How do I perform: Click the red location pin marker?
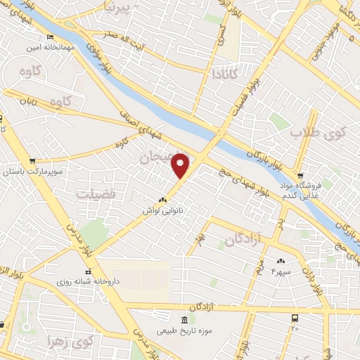pyautogui.click(x=181, y=165)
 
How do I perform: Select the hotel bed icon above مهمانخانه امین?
pyautogui.click(x=49, y=37)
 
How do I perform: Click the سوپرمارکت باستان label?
pyautogui.click(x=33, y=171)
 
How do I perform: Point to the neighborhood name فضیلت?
pyautogui.click(x=92, y=193)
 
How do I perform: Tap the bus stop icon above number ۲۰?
pyautogui.click(x=295, y=318)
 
